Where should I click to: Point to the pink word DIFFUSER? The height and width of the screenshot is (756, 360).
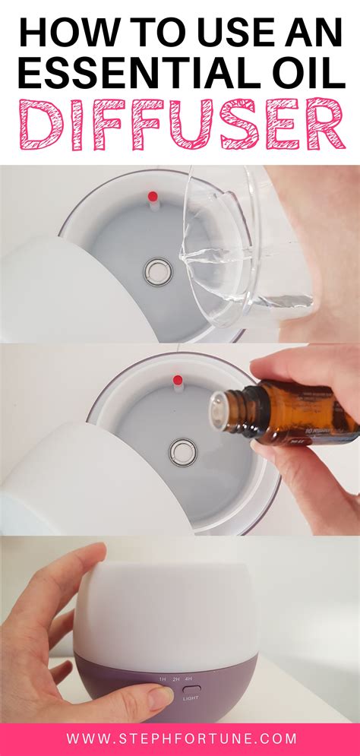[x=180, y=124]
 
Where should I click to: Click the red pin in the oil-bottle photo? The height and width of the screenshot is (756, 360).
[x=179, y=379]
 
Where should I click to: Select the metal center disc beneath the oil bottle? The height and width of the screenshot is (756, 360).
[x=181, y=451]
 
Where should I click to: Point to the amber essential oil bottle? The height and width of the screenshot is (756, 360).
[x=289, y=415]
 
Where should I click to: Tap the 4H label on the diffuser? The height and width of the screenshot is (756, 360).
[x=188, y=679]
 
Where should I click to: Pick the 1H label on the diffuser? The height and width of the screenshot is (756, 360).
[x=163, y=679]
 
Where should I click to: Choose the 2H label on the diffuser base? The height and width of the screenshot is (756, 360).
[x=175, y=679]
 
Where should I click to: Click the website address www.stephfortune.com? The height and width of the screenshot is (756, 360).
[x=180, y=739]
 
